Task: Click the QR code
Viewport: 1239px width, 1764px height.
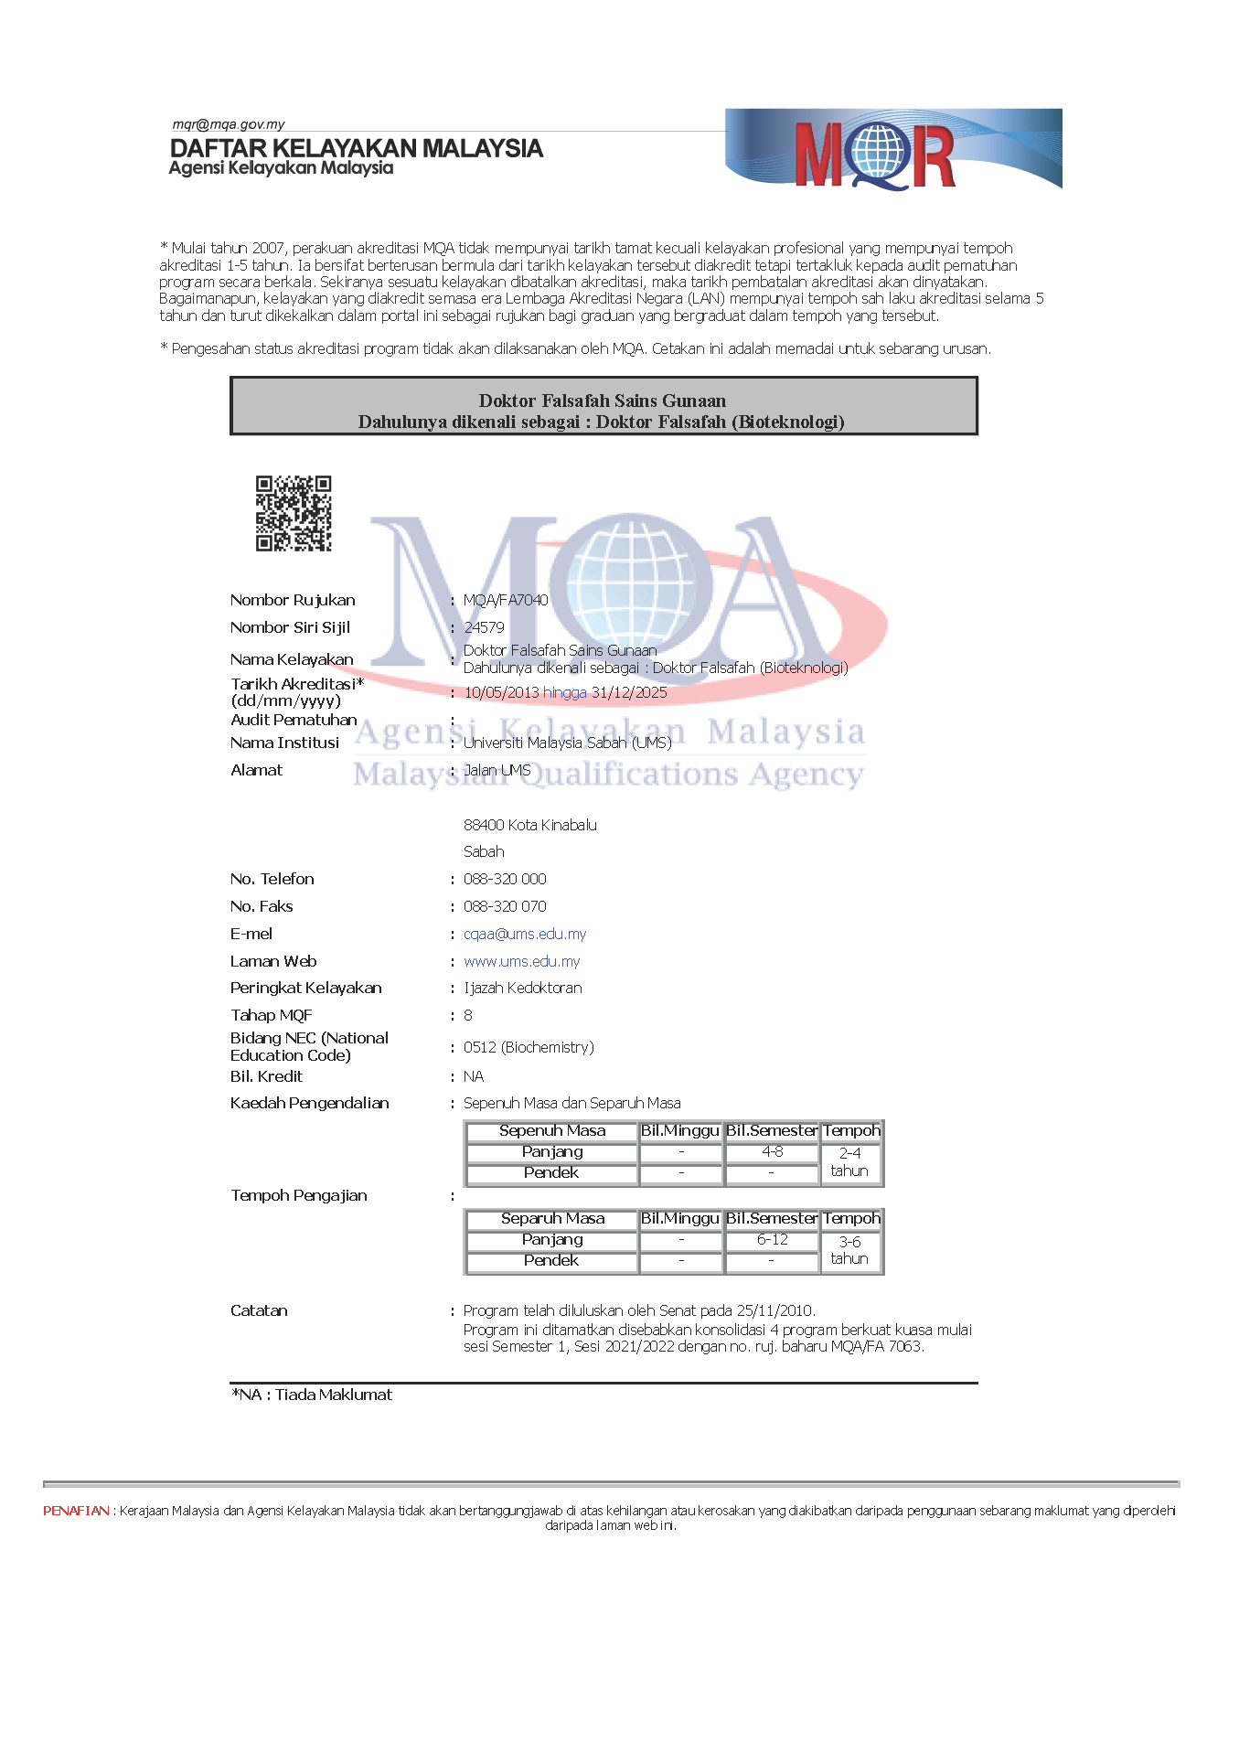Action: (293, 513)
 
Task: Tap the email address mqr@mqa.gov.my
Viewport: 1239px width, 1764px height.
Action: (229, 124)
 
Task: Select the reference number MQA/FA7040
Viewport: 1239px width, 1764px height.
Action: (506, 600)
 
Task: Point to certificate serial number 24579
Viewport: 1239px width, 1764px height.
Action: (484, 627)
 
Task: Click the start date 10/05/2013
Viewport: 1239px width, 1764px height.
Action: (501, 692)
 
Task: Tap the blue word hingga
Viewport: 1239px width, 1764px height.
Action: (565, 692)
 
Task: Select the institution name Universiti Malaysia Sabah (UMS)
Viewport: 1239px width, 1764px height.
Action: (567, 743)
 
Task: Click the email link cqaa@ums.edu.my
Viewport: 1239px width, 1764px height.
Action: (525, 934)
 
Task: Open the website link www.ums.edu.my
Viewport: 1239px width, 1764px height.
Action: (521, 961)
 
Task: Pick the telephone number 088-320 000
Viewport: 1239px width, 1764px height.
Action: (505, 879)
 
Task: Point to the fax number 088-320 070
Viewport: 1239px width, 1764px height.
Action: (505, 906)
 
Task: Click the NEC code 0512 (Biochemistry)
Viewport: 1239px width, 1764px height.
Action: (529, 1047)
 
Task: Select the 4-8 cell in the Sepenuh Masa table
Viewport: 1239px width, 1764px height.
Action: (772, 1152)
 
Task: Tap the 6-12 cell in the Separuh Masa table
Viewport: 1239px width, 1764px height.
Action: (772, 1240)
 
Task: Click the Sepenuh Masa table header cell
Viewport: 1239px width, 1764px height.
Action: (552, 1131)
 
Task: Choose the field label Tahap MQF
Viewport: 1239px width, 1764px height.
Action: (272, 1015)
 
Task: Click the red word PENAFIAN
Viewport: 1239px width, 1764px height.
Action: (76, 1511)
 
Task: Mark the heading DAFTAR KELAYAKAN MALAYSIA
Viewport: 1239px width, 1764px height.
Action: (357, 148)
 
